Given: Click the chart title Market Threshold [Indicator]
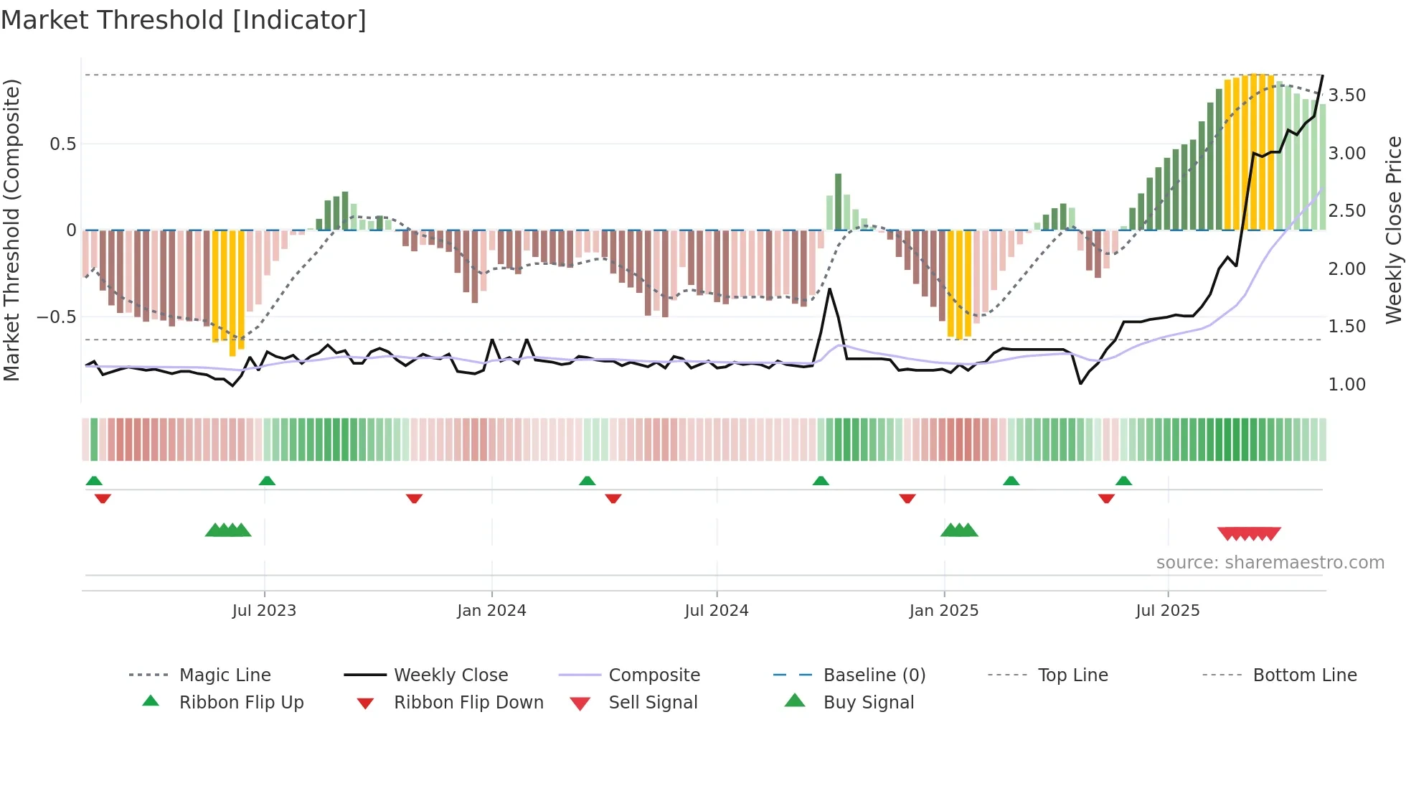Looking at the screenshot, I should tap(184, 20).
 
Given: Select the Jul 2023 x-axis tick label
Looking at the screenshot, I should tap(264, 611).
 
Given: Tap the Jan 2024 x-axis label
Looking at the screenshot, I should tap(491, 611).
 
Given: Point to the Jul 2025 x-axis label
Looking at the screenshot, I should tap(1167, 611).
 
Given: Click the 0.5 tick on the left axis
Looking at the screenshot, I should tap(62, 144).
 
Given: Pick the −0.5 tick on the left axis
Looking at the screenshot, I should tap(56, 317).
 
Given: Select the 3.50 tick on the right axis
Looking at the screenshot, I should tap(1346, 95).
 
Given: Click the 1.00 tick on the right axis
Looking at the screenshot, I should tap(1346, 385).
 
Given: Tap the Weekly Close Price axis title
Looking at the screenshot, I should tap(1393, 230).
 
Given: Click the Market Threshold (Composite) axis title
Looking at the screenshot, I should tap(11, 230).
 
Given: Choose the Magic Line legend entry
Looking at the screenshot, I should tap(225, 675).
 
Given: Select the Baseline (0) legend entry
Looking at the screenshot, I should tap(874, 675).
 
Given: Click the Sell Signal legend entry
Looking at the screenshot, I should tap(652, 703).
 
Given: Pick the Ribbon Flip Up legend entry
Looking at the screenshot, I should tap(241, 703).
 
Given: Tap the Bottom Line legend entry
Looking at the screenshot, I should tap(1304, 675).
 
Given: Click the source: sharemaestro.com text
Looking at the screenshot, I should tap(1270, 563).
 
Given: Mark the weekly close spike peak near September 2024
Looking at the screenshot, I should tap(829, 289).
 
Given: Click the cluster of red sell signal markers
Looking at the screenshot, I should tap(1249, 534).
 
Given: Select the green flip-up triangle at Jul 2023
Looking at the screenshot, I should tap(267, 481).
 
